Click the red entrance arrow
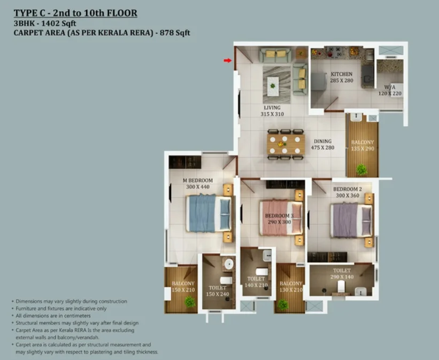[228, 60]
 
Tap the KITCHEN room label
[342, 74]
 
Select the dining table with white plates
[286, 144]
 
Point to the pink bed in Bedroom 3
[281, 217]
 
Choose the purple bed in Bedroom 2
[352, 221]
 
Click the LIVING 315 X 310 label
[272, 111]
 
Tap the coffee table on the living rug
[273, 86]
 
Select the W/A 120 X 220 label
[390, 90]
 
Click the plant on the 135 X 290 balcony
[361, 169]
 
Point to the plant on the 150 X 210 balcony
[190, 302]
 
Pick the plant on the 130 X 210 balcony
[283, 304]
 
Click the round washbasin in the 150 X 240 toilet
[229, 263]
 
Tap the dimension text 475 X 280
[322, 147]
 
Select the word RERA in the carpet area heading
[142, 33]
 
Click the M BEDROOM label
[198, 181]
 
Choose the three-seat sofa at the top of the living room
[275, 54]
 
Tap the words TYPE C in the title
[29, 13]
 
